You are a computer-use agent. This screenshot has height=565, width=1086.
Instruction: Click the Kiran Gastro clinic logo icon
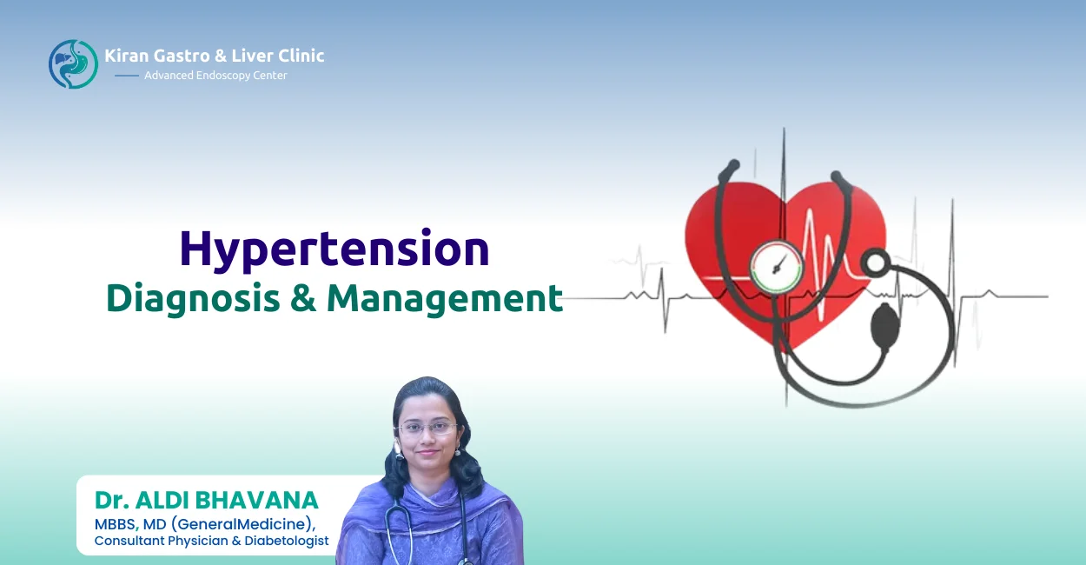click(x=73, y=63)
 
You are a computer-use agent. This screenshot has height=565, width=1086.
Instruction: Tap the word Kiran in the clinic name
click(x=124, y=56)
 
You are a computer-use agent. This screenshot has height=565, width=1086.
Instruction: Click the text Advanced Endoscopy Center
click(x=215, y=76)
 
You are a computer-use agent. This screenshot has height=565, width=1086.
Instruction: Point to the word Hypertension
click(x=334, y=249)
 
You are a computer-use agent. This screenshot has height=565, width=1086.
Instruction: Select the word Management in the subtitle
click(x=445, y=298)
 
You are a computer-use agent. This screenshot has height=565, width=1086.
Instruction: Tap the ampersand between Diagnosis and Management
click(x=302, y=298)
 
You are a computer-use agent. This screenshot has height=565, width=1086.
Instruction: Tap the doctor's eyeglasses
click(x=426, y=428)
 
